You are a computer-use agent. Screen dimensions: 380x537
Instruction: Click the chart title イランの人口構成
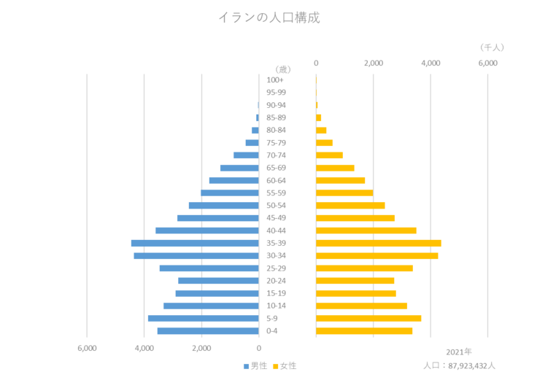(268, 18)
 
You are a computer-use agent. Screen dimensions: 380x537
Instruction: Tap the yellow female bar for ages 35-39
(379, 243)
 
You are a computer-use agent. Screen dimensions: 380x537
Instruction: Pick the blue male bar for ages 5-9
(203, 318)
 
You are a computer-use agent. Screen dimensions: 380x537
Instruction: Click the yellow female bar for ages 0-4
(365, 330)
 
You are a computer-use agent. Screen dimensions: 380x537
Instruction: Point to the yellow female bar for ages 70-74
(330, 155)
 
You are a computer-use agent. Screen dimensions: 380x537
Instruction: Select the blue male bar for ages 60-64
(233, 180)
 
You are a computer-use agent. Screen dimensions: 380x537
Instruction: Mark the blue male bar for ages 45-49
(217, 218)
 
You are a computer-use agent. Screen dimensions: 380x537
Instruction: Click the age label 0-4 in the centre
(271, 331)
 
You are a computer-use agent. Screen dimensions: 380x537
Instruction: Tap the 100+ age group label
(275, 80)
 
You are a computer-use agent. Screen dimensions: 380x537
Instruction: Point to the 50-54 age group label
(276, 206)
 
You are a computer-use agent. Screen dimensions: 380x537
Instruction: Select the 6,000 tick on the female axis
(487, 63)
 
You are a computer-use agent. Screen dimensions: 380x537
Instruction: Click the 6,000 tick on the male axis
(87, 348)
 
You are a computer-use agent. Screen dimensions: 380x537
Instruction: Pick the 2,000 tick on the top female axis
(373, 63)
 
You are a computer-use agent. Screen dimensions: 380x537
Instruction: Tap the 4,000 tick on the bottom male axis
(144, 348)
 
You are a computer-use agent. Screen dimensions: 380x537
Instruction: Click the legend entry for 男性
(256, 365)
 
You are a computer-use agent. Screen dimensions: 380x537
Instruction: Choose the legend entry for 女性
(285, 365)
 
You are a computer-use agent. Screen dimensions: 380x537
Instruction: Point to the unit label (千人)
(492, 47)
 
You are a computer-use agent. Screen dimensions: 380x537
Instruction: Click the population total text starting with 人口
(459, 365)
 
